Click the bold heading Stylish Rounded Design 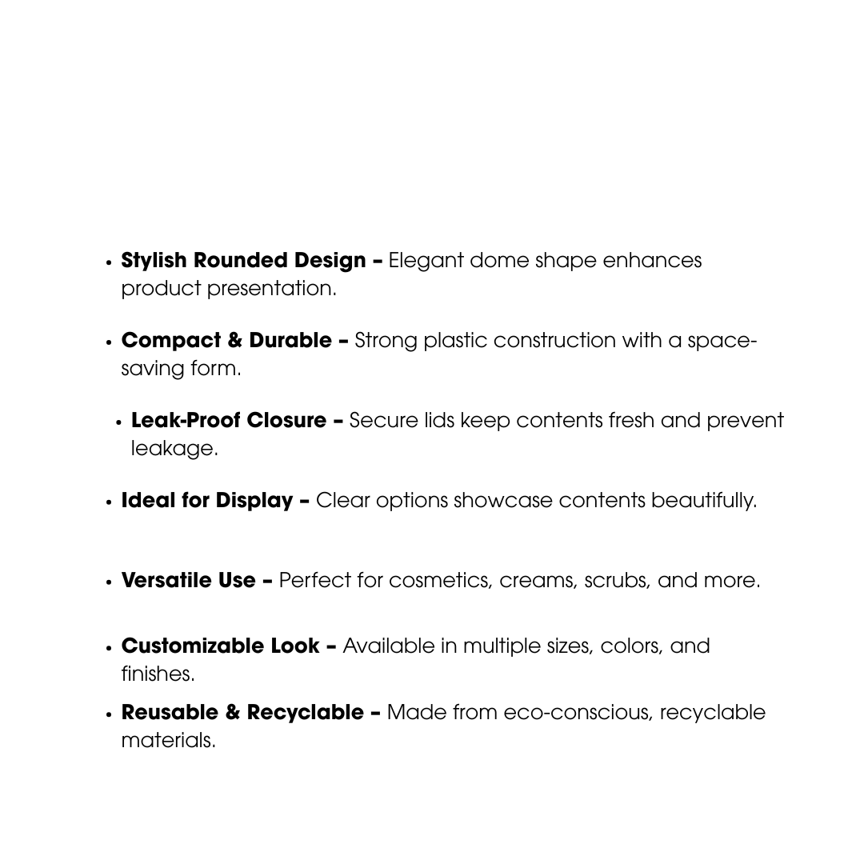(243, 261)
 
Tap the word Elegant (426, 261)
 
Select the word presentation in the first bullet (271, 289)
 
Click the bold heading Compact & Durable (226, 341)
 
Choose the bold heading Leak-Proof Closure (229, 421)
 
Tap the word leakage (174, 449)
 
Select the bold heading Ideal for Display (207, 501)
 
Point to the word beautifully (703, 501)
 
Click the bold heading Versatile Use (189, 581)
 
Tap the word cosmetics (439, 581)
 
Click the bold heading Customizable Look (221, 646)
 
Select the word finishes (158, 674)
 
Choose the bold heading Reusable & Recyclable (242, 713)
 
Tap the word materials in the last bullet (168, 741)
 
